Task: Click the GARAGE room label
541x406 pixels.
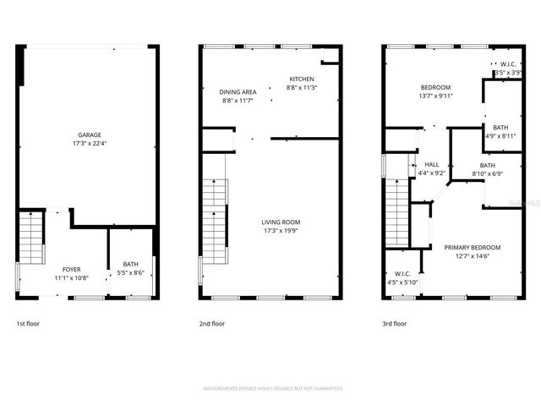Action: pyautogui.click(x=90, y=134)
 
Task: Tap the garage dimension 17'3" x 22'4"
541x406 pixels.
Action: pyautogui.click(x=90, y=143)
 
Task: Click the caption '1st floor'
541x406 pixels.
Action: pyautogui.click(x=28, y=323)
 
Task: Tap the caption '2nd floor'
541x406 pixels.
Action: pyautogui.click(x=212, y=323)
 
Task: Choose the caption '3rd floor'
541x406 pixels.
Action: pyautogui.click(x=395, y=323)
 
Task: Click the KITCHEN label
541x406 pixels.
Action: pyautogui.click(x=302, y=79)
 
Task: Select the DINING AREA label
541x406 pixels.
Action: pyautogui.click(x=238, y=92)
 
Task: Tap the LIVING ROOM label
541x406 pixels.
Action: pyautogui.click(x=280, y=222)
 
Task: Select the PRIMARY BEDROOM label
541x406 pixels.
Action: pyautogui.click(x=473, y=247)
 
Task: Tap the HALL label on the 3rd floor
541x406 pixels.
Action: pyautogui.click(x=431, y=164)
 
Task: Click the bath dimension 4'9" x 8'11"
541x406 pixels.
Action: pyautogui.click(x=500, y=135)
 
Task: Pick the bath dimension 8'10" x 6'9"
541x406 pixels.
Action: pyautogui.click(x=488, y=173)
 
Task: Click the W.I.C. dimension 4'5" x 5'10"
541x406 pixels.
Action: pyautogui.click(x=402, y=282)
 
